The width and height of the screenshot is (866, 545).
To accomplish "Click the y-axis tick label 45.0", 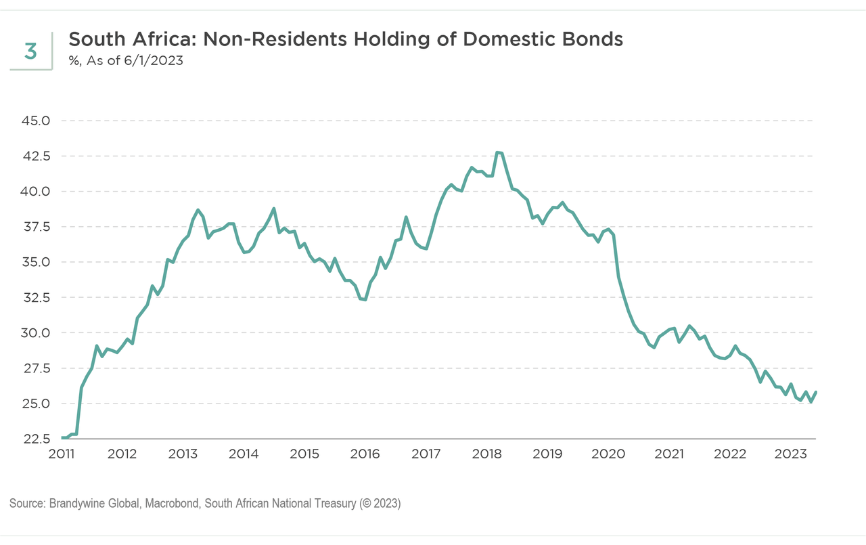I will click(x=37, y=121).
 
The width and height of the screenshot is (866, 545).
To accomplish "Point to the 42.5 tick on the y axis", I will click(x=37, y=156).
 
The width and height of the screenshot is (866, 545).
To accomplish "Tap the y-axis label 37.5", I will click(x=37, y=227).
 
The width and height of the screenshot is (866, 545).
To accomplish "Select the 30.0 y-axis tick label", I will click(x=37, y=333).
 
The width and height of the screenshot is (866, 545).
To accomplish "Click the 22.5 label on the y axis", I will click(x=37, y=439).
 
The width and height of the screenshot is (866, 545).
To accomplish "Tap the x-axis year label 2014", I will click(x=244, y=453).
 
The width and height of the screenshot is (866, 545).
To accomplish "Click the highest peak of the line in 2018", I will click(x=498, y=152).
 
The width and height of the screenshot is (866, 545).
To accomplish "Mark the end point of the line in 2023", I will click(x=816, y=392).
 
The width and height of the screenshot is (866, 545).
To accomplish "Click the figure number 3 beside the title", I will click(x=30, y=51).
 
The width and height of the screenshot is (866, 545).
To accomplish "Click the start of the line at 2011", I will click(x=63, y=438).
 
